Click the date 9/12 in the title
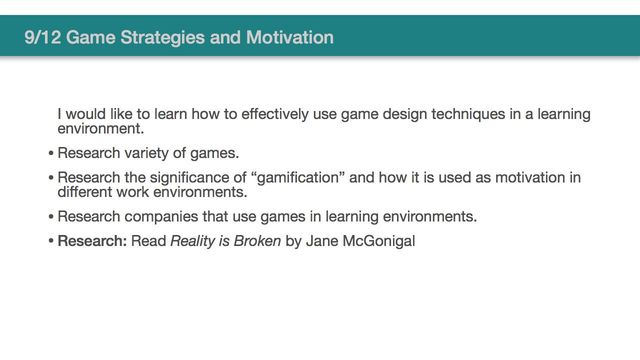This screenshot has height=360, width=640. point(44,39)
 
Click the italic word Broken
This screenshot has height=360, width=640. point(257,241)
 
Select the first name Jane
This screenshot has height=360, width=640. point(321,241)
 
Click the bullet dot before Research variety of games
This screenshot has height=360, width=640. point(50,154)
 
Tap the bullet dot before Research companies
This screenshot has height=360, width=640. point(50,217)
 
